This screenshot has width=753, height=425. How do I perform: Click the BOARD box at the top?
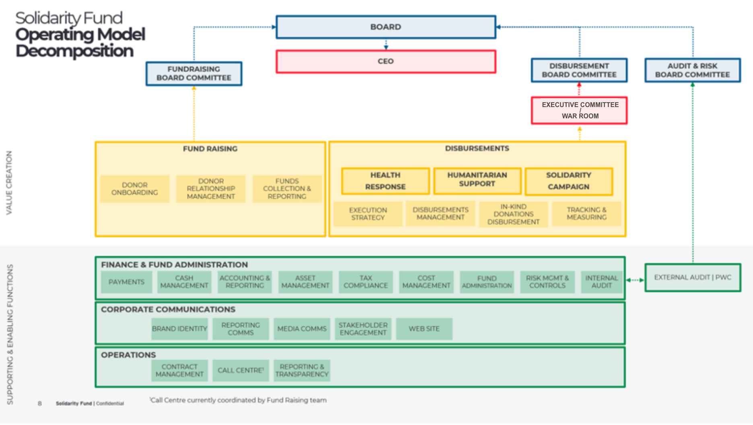click(x=386, y=27)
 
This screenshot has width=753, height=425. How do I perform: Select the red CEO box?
click(x=386, y=61)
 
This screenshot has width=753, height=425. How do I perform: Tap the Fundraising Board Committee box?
click(x=194, y=73)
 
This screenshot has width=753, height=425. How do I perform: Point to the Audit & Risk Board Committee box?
click(x=692, y=70)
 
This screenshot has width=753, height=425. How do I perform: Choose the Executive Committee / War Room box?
click(x=579, y=110)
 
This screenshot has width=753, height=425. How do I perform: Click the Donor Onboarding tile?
click(x=135, y=189)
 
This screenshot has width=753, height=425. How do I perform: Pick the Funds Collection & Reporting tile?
click(x=287, y=189)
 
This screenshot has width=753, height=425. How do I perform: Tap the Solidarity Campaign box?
click(x=569, y=181)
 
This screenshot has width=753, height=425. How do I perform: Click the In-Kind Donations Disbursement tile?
click(x=513, y=214)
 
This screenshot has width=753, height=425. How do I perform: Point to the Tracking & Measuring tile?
click(x=586, y=214)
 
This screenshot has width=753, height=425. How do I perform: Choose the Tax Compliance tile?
click(x=366, y=282)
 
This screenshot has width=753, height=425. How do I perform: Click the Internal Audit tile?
click(x=601, y=282)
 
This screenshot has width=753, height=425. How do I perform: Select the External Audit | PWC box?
click(x=692, y=277)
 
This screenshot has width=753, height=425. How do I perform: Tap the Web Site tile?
click(x=424, y=329)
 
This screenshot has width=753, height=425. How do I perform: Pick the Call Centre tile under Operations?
click(x=241, y=370)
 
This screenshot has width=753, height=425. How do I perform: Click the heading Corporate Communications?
click(x=168, y=309)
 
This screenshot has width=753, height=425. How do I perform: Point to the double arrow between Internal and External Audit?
click(x=635, y=280)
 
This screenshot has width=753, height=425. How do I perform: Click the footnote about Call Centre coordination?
click(x=238, y=400)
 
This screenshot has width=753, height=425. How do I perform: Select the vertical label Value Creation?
click(x=9, y=182)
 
